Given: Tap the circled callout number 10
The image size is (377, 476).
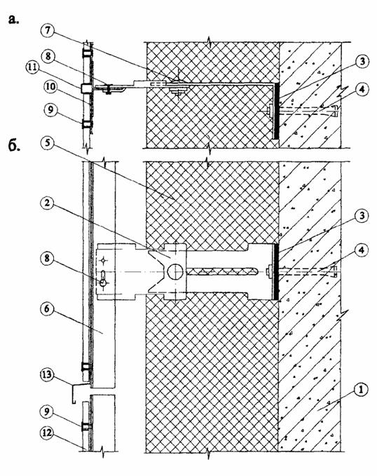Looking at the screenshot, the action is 50,87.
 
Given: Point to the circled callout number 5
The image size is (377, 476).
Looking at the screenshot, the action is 48,142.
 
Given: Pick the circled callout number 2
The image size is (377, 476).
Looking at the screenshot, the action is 48,203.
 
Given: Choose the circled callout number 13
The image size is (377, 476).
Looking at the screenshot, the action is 48,375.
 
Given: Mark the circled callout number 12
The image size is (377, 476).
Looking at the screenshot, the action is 48,433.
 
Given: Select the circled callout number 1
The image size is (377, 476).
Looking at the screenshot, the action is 361,390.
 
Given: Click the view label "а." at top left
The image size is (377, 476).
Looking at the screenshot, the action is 13,19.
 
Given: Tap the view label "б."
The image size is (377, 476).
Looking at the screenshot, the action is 13,146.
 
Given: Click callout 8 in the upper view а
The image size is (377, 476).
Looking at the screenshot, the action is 49,57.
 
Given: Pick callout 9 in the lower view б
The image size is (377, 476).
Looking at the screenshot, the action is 48,412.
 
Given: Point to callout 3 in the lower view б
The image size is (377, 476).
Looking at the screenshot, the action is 361,216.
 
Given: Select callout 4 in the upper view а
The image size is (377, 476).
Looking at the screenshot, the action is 361,89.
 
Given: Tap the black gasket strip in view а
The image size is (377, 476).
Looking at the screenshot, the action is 276,111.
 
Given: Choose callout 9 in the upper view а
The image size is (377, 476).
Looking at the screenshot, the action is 49,109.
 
